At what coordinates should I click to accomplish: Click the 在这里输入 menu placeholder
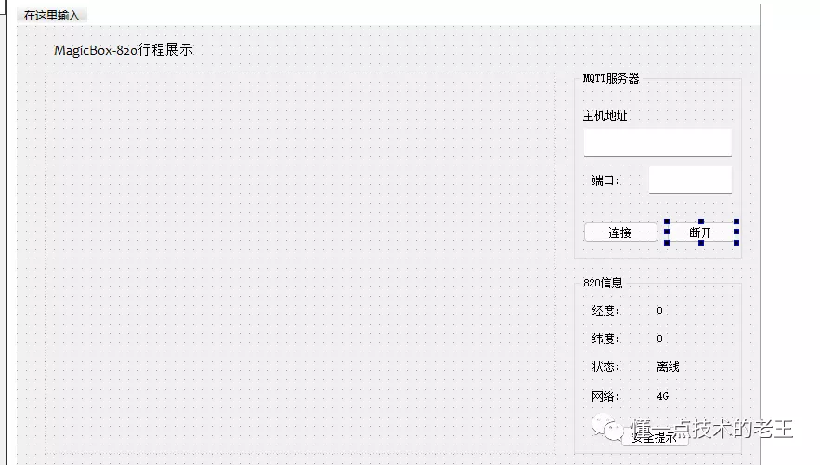[52, 16]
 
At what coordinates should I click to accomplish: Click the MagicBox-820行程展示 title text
[124, 50]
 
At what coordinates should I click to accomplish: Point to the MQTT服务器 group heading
[611, 79]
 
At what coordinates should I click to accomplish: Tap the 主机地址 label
[605, 116]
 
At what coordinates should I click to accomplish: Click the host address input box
[657, 143]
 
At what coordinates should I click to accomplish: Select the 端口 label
[605, 180]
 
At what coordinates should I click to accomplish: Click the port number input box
[690, 180]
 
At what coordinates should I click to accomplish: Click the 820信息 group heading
[603, 283]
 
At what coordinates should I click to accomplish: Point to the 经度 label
[605, 311]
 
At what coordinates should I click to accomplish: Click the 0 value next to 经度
[660, 311]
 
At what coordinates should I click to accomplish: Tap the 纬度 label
[605, 339]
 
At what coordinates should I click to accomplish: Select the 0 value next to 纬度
[660, 339]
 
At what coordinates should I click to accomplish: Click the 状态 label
[605, 366]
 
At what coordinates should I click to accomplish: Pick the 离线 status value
[668, 366]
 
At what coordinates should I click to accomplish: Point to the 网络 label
[605, 396]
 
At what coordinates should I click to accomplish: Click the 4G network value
[663, 396]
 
